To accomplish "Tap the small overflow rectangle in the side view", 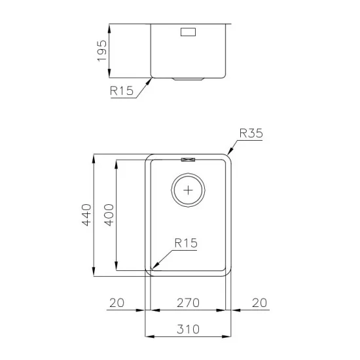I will point(188,31).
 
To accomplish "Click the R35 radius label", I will point(251,133).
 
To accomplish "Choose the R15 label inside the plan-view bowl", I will point(185,243).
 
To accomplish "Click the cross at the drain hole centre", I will point(189,190).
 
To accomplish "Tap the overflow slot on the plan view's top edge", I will point(189,158).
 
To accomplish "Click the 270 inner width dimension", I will point(189,302).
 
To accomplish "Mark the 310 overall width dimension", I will point(189,329).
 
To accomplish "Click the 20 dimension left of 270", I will point(117,302).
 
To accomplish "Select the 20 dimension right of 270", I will point(259,302).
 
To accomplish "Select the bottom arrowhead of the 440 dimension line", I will point(95,274).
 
